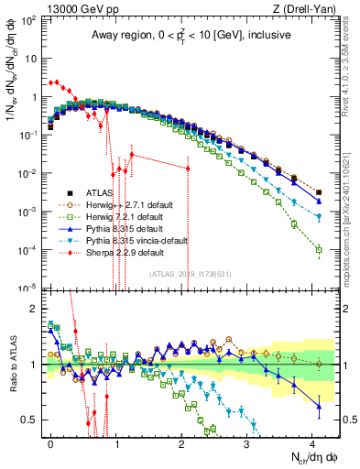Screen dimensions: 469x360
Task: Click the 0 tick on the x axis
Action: click(x=51, y=442)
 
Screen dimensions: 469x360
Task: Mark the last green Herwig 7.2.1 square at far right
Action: click(x=318, y=249)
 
